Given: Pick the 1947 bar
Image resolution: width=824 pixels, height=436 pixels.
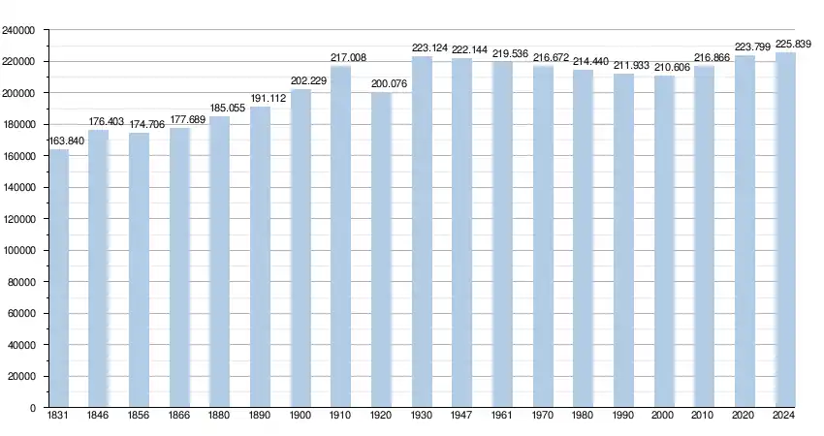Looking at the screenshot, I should coord(462,233).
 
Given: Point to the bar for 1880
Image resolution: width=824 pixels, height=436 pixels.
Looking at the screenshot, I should coord(220,262).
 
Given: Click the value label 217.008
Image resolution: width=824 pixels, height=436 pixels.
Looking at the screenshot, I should coord(348,58).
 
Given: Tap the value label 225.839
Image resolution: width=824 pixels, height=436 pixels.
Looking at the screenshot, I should coord(793,44).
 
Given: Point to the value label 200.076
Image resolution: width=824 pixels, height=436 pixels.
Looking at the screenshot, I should coord(390,84).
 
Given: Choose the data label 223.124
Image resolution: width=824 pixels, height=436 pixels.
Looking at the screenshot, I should coord(429,47).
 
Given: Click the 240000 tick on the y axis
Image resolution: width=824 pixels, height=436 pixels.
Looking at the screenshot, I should coord(18,30).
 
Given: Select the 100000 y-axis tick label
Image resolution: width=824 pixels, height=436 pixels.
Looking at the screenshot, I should coord(18,250).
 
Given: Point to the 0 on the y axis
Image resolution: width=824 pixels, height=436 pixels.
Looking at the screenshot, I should coord(32,408).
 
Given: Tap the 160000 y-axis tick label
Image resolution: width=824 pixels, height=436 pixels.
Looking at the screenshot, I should coord(18,156).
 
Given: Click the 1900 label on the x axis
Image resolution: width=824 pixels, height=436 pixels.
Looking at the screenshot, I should coord(301,416).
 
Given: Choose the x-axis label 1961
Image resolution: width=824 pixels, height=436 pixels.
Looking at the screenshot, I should coord(502,416).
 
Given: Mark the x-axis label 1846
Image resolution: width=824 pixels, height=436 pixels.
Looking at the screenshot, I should coord(98,416).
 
